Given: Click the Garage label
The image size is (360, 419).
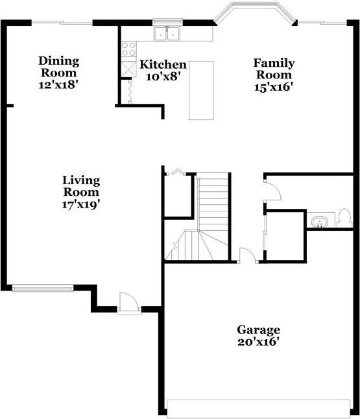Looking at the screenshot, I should coord(258,329).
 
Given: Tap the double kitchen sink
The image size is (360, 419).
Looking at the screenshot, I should coord(168,33).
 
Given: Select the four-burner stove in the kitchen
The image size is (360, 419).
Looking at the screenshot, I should coord(128,49).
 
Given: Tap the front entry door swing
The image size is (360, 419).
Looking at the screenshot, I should coord(128,303).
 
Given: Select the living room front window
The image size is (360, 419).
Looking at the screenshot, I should coord(43,287).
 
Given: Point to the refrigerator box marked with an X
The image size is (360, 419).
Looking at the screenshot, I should coord(127,68).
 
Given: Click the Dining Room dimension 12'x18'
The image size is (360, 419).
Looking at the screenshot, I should coord(58,84).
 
